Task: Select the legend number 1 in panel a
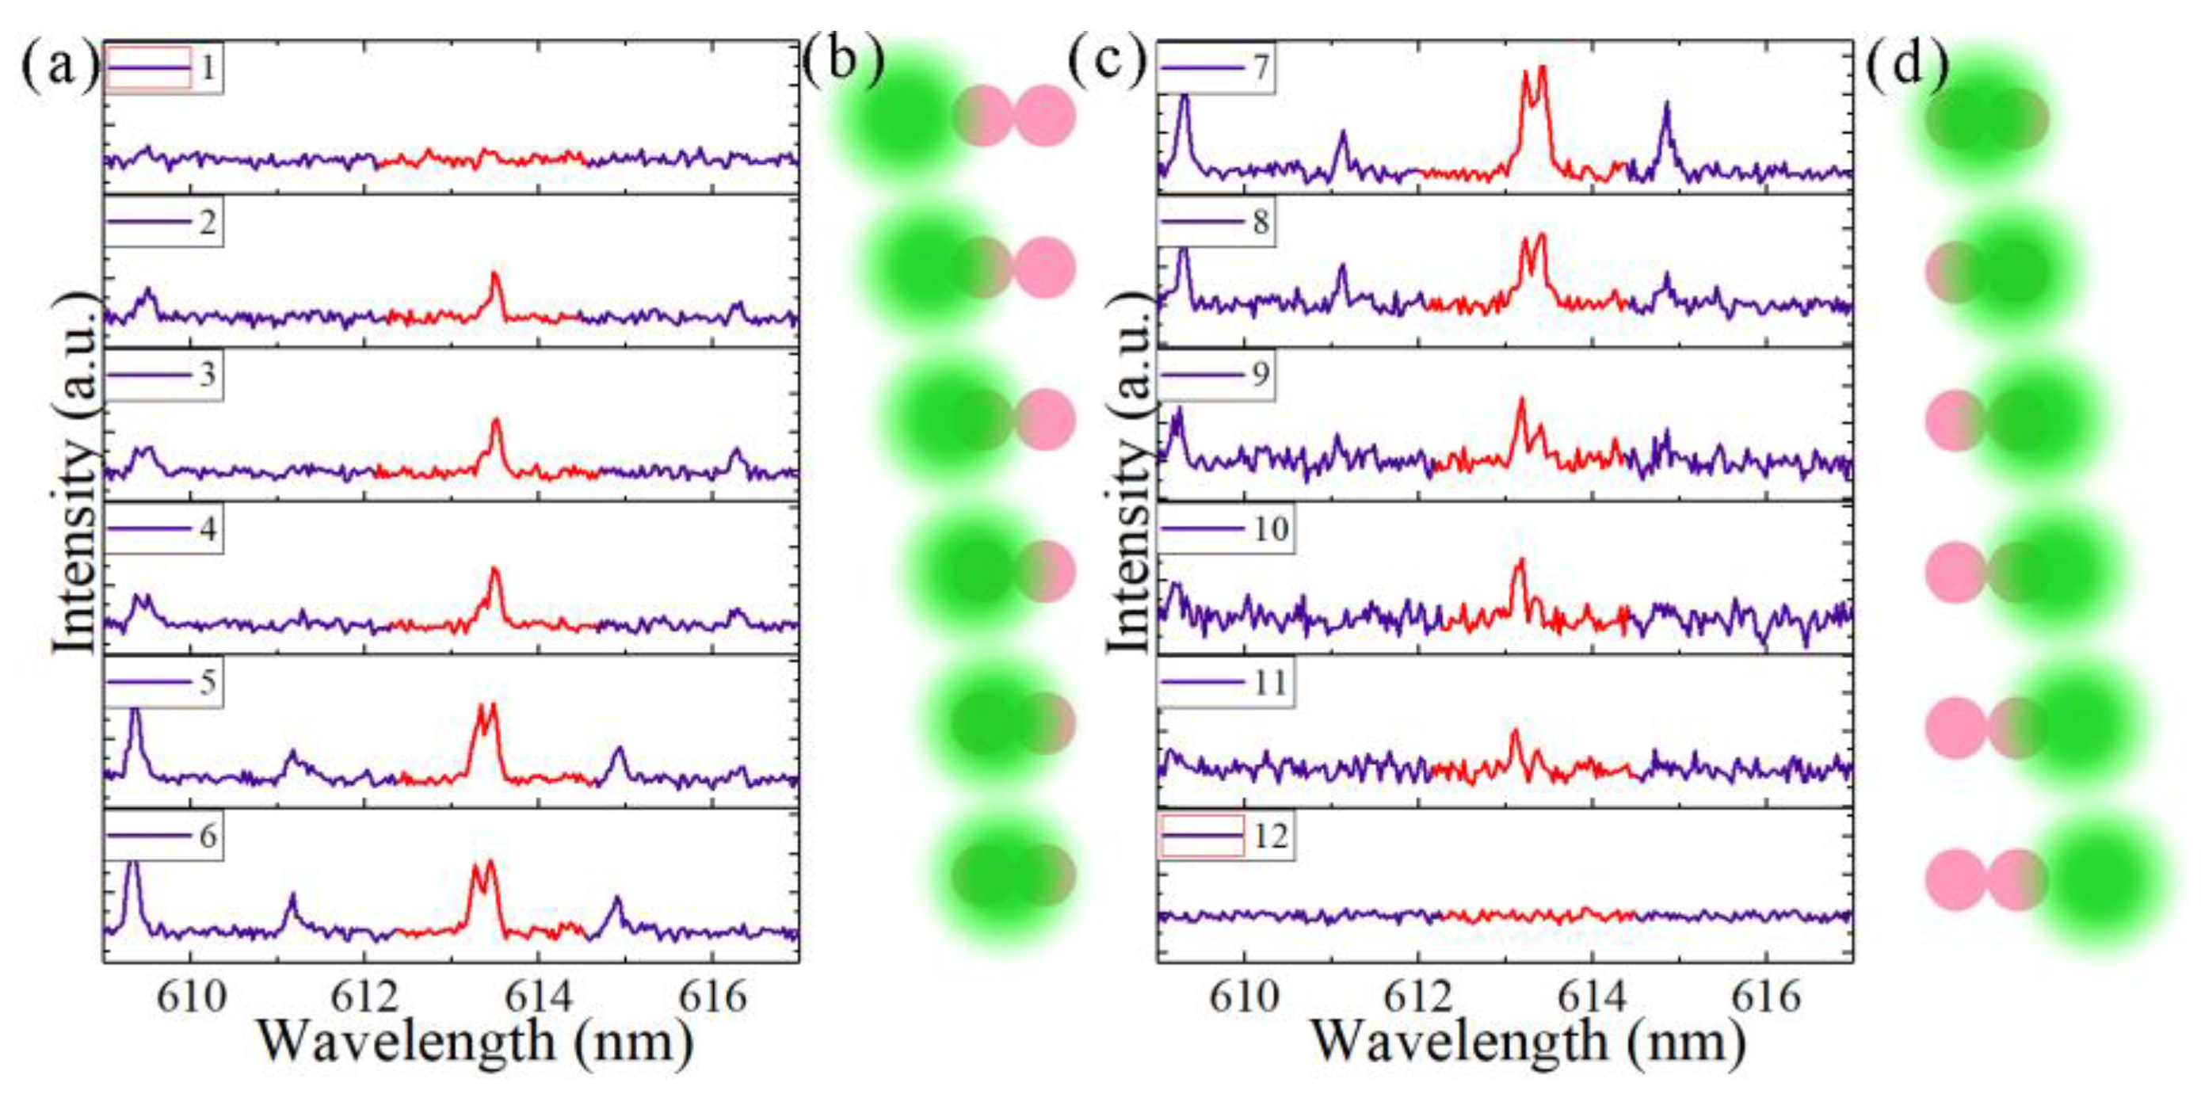point(207,67)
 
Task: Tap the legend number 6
point(208,835)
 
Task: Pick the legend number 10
point(1271,528)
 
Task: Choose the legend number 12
point(1271,835)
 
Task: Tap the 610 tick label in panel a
point(192,996)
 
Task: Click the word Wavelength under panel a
point(406,1042)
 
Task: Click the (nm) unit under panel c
point(1686,1042)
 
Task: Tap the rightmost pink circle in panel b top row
point(1044,116)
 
